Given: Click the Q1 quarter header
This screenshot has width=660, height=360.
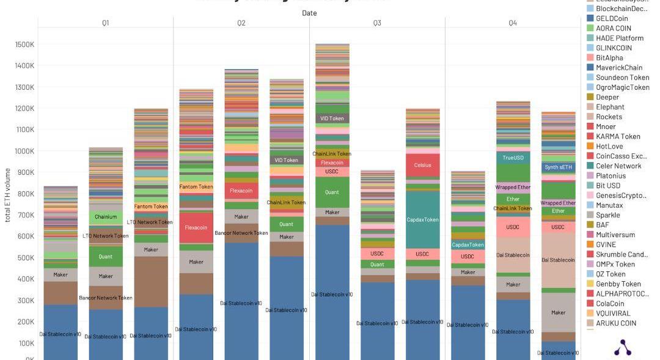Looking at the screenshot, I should [106, 23].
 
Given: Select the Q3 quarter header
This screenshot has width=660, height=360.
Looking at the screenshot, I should [377, 23].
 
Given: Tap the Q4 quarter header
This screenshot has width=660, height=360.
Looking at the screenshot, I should [513, 23].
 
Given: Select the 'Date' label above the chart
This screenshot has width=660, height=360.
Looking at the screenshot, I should [309, 13].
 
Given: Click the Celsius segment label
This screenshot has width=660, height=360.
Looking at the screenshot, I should [422, 165].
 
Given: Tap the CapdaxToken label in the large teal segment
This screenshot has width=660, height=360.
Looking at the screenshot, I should [422, 220].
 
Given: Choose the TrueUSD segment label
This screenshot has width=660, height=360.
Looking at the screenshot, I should [513, 158].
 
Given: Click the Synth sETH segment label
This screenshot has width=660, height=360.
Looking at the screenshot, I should [558, 167].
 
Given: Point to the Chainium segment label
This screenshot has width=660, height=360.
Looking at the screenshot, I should [106, 216].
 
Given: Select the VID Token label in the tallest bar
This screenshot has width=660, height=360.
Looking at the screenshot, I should [332, 118].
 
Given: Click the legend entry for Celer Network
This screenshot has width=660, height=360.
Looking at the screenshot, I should [618, 166].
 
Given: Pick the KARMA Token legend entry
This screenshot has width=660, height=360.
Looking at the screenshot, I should [618, 136].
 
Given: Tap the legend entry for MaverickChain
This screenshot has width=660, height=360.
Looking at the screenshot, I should [619, 67].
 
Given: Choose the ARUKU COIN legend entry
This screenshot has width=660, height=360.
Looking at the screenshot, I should [616, 323].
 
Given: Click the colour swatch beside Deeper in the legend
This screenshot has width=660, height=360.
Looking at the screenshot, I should [590, 97].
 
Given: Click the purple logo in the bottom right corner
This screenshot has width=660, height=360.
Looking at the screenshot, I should [622, 347].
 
